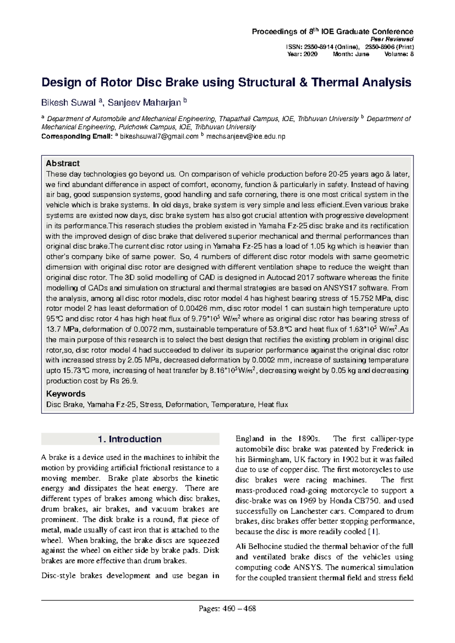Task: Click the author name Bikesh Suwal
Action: click(x=69, y=102)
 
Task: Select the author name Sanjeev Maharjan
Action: click(x=144, y=102)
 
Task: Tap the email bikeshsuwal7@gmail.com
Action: click(x=159, y=136)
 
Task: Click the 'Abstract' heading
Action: click(x=63, y=163)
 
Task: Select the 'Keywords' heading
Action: click(x=66, y=394)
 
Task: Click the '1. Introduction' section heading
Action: click(x=130, y=439)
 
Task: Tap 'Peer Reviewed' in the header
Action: click(x=397, y=39)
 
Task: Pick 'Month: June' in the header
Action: click(x=351, y=54)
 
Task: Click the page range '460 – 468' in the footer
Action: click(x=239, y=609)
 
